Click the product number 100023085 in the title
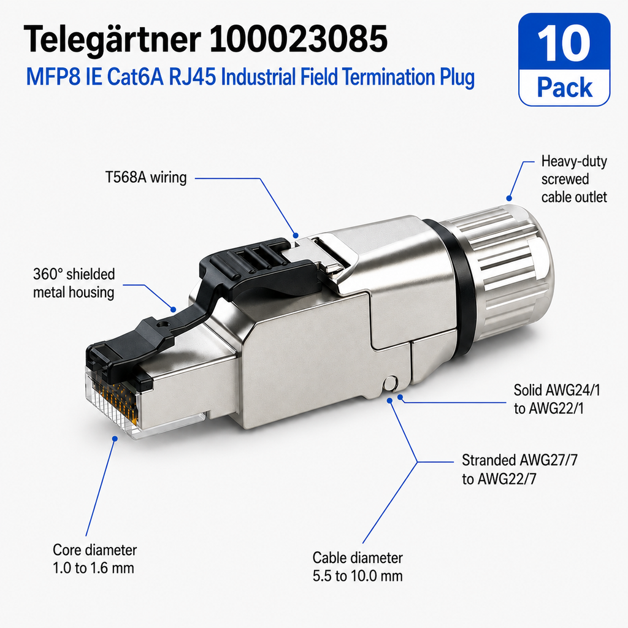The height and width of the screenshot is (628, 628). pyautogui.click(x=298, y=39)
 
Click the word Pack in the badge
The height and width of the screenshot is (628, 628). pyautogui.click(x=564, y=87)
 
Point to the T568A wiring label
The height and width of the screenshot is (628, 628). pyautogui.click(x=146, y=177)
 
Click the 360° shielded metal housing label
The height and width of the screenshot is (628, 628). pyautogui.click(x=74, y=283)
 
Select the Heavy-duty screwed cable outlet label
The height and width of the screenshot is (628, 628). pyautogui.click(x=574, y=179)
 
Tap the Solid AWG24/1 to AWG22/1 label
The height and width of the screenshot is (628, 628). pyautogui.click(x=557, y=399)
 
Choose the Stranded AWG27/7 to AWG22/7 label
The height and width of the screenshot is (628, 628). pyautogui.click(x=519, y=469)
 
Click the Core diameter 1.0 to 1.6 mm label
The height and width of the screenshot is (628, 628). pyautogui.click(x=94, y=559)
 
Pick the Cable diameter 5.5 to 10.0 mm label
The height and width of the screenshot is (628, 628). pyautogui.click(x=358, y=567)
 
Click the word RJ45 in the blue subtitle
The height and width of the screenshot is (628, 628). pyautogui.click(x=192, y=77)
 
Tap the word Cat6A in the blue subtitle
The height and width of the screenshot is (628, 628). pyautogui.click(x=135, y=77)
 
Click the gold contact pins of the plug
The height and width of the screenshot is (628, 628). pyautogui.click(x=116, y=399)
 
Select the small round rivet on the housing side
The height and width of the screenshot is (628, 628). pyautogui.click(x=389, y=384)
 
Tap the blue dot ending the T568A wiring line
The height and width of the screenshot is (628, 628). pyautogui.click(x=296, y=235)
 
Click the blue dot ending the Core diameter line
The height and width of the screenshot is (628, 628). pyautogui.click(x=115, y=438)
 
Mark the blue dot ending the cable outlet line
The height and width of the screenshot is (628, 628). pyautogui.click(x=509, y=198)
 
